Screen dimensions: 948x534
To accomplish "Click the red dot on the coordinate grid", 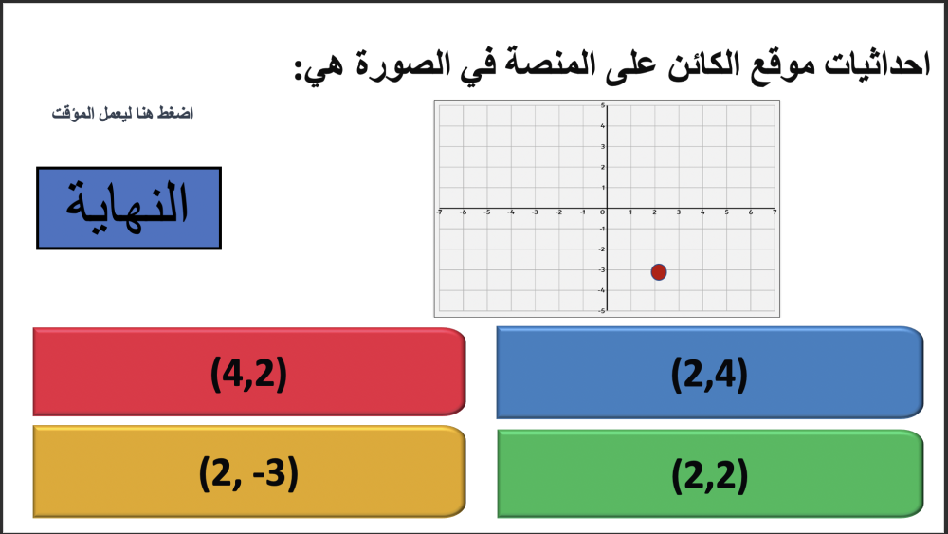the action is pyautogui.click(x=659, y=272).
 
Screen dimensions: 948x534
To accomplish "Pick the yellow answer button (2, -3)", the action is pyautogui.click(x=249, y=471).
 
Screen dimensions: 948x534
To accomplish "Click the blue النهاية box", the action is pyautogui.click(x=129, y=208).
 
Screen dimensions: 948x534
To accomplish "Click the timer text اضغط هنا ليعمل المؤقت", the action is pyautogui.click(x=122, y=113).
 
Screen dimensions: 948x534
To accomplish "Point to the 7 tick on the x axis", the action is pyautogui.click(x=775, y=212).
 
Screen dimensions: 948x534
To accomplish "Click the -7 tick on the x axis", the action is pyautogui.click(x=439, y=212).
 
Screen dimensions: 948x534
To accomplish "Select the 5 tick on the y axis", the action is pyautogui.click(x=603, y=106).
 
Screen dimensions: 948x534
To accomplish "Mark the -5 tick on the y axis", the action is pyautogui.click(x=602, y=311).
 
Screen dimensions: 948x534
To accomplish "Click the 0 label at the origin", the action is pyautogui.click(x=602, y=212).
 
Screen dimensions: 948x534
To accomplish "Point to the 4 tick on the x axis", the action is pyautogui.click(x=702, y=212).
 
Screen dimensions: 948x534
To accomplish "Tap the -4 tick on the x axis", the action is pyautogui.click(x=511, y=212).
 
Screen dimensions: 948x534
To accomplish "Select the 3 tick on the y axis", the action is pyautogui.click(x=603, y=146).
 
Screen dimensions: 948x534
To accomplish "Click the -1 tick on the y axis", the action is pyautogui.click(x=602, y=229).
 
